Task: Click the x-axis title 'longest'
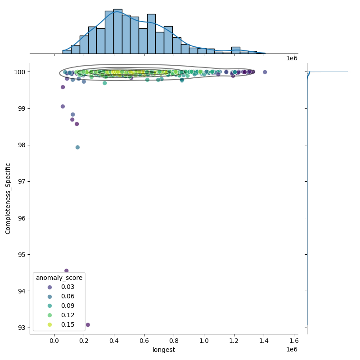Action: [164, 350]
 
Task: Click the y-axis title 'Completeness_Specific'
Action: [8, 198]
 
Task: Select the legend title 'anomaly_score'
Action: [60, 278]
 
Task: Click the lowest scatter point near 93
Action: [88, 324]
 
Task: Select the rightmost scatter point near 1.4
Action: [265, 72]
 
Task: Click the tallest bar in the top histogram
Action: [118, 31]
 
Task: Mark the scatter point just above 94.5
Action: [66, 271]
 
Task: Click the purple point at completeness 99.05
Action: [63, 107]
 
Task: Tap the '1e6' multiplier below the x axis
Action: [292, 350]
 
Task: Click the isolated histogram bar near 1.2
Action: [236, 50]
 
